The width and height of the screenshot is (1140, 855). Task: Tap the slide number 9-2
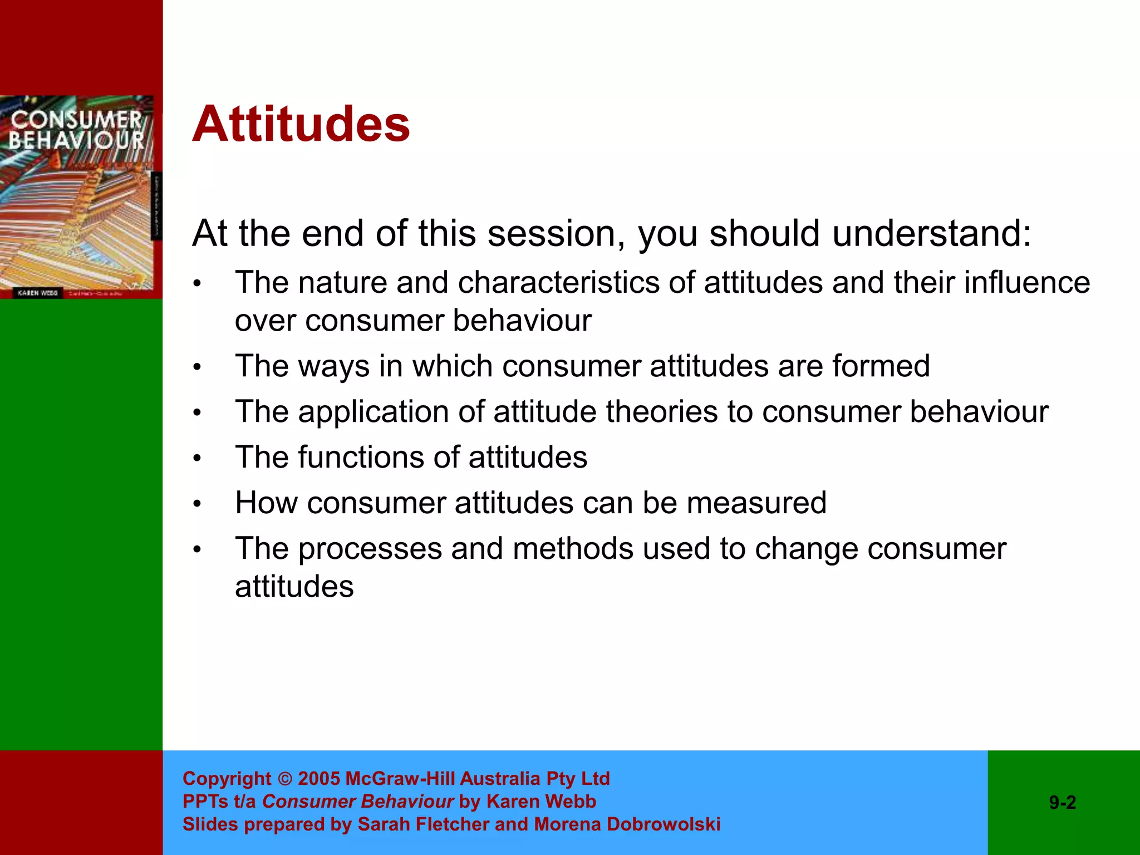point(1062,803)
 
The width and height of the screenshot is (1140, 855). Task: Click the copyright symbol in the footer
point(284,779)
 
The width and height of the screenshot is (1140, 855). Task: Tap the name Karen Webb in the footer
point(541,802)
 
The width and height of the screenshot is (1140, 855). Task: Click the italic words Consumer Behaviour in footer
point(358,802)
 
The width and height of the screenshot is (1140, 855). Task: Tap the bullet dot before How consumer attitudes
point(196,504)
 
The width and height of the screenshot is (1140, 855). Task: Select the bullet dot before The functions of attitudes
point(196,459)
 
